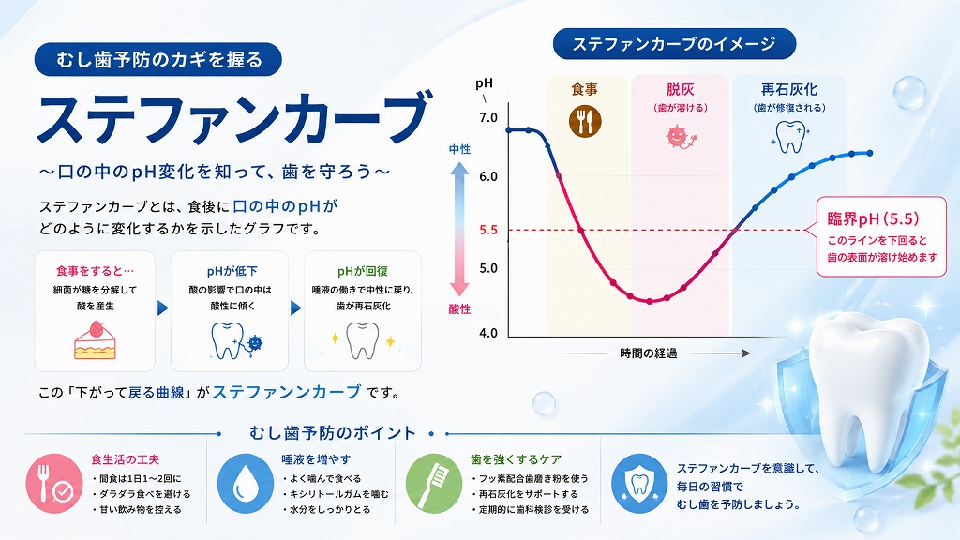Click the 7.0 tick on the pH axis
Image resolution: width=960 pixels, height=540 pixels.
[488, 117]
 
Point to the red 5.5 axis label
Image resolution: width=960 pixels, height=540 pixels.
[488, 231]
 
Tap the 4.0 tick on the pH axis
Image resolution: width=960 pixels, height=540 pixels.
[488, 333]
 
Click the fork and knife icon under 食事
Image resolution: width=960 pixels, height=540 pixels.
[585, 121]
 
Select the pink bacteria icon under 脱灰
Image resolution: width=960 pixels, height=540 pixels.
[679, 137]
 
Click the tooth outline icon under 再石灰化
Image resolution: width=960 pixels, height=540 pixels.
[789, 137]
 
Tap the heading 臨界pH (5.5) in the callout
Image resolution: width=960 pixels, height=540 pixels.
[873, 218]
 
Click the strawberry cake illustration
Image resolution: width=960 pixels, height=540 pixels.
[95, 341]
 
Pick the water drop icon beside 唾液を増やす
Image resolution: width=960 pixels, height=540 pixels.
[246, 484]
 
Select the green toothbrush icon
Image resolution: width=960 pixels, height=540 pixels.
[434, 484]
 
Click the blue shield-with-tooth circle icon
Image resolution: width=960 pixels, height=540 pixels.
[639, 484]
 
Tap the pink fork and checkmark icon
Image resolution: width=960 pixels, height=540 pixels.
[53, 484]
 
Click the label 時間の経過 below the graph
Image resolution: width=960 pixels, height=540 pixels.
[649, 353]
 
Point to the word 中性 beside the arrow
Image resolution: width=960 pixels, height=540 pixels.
[459, 149]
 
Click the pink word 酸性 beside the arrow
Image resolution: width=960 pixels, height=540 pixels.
[459, 309]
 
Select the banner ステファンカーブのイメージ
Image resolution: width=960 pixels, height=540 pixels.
[674, 44]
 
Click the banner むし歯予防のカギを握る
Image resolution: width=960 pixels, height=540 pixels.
[158, 59]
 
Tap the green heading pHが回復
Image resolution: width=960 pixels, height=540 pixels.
[363, 271]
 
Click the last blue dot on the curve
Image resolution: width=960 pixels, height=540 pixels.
[870, 153]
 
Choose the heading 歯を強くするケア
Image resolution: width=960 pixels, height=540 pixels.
[517, 459]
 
